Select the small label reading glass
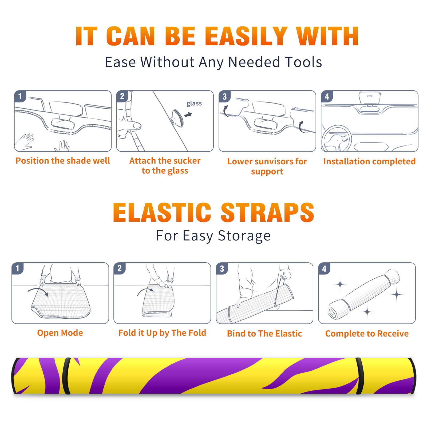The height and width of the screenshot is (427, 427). coord(194,104)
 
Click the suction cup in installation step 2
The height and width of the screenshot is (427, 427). coord(177,118)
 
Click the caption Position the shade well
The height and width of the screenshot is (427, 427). coord(63,161)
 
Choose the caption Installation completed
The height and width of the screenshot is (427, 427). coord(369,161)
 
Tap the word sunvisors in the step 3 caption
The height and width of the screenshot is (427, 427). coord(274,161)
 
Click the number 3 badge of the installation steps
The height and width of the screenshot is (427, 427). coord(224,96)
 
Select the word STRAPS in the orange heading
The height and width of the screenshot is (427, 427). coord(267,213)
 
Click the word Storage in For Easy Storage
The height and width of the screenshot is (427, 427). coord(244,236)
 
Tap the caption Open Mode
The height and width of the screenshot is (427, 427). coord(60,333)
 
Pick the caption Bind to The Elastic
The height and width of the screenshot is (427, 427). coord(264,334)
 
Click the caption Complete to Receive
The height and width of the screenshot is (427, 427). coord(367,334)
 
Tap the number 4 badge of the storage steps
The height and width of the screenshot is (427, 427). coord(324,268)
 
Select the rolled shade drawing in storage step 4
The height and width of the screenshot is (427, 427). coord(364,294)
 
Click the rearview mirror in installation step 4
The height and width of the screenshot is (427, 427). coord(370,98)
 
